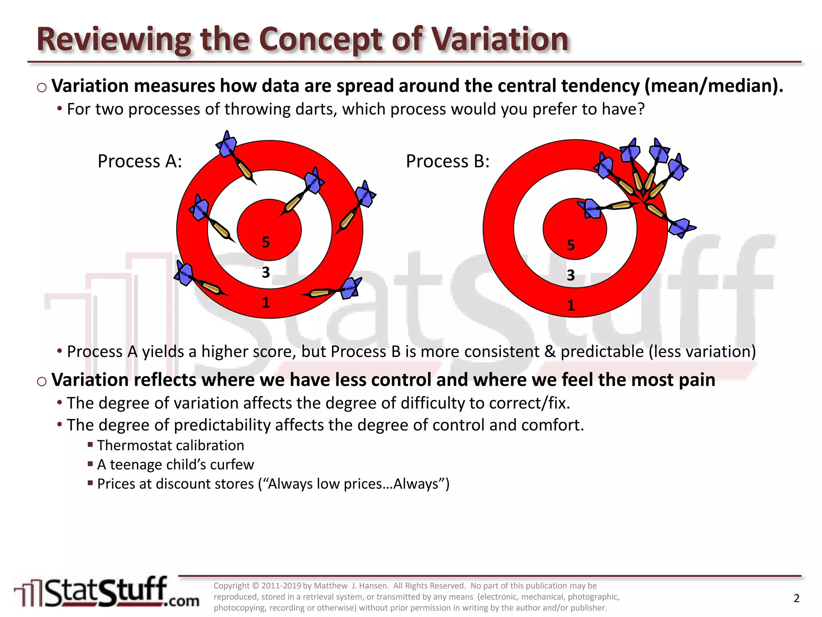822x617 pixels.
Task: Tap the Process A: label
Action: click(140, 161)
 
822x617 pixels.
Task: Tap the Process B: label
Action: click(448, 161)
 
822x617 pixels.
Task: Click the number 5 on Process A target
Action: click(266, 242)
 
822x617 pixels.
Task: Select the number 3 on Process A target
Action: click(266, 273)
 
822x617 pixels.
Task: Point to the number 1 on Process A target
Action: click(266, 303)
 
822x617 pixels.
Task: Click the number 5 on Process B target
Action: click(571, 245)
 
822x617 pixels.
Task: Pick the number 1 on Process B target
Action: click(571, 306)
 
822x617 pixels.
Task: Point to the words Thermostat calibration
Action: click(170, 445)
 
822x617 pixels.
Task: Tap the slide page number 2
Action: click(797, 599)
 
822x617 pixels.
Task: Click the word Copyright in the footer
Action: click(231, 586)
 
